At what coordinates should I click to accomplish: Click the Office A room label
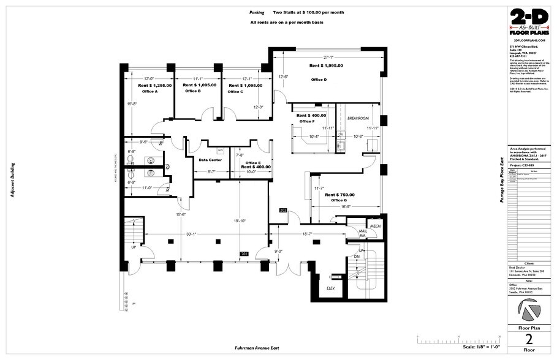coord(150,92)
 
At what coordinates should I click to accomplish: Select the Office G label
coord(339,201)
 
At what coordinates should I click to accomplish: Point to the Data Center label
coord(211,160)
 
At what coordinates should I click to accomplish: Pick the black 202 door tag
coord(283,210)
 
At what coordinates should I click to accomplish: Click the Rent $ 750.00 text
coord(339,195)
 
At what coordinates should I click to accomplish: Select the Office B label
coord(192,91)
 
